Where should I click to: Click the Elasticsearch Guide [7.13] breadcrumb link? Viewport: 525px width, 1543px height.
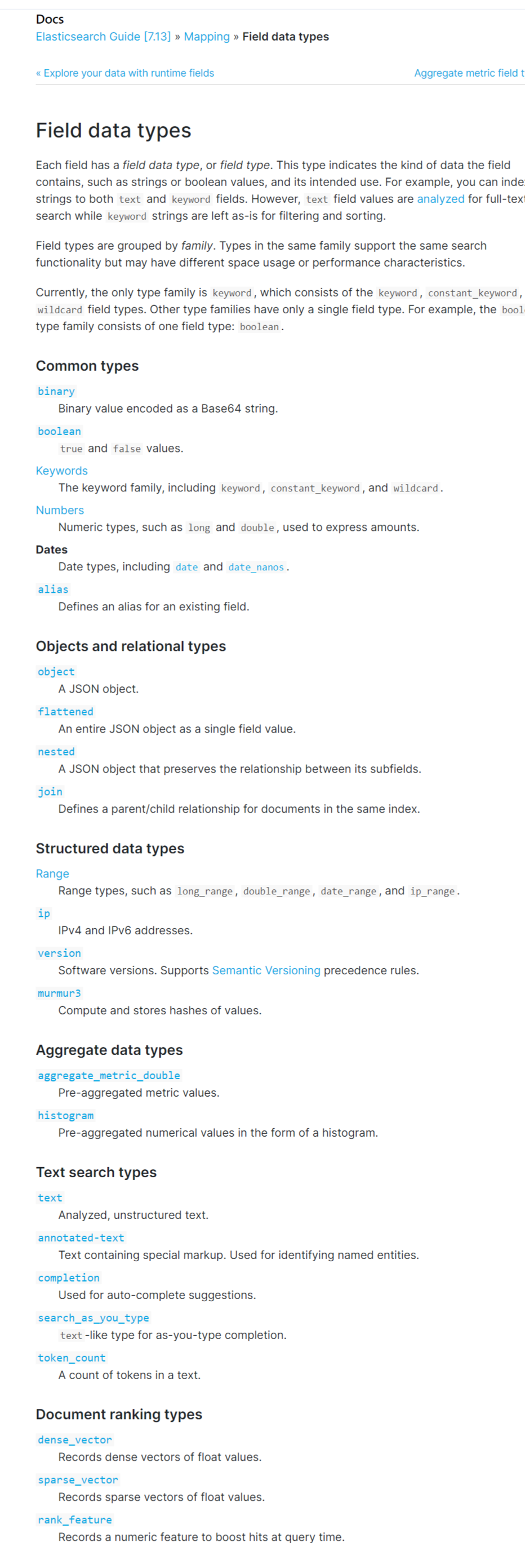103,37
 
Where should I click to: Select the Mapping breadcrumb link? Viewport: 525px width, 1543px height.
207,37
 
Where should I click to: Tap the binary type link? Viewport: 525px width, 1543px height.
56,391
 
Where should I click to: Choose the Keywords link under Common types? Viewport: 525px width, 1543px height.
61,471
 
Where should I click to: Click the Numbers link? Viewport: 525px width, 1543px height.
60,511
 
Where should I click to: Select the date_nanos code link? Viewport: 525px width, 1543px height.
256,567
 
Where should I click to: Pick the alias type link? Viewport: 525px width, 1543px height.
54,589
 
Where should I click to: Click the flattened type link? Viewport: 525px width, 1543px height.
65,712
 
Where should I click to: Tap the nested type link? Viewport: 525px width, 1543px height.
56,752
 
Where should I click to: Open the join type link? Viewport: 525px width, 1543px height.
50,792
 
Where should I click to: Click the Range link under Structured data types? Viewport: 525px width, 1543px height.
53,874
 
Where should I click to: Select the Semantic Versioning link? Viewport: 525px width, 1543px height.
266,970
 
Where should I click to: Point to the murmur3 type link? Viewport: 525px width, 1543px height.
59,993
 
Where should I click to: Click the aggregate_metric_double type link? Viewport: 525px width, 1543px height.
109,1076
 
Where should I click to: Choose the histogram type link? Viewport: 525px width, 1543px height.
66,1115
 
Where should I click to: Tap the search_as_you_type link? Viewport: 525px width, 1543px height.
94,1318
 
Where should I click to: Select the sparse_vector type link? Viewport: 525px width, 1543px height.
78,1479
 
